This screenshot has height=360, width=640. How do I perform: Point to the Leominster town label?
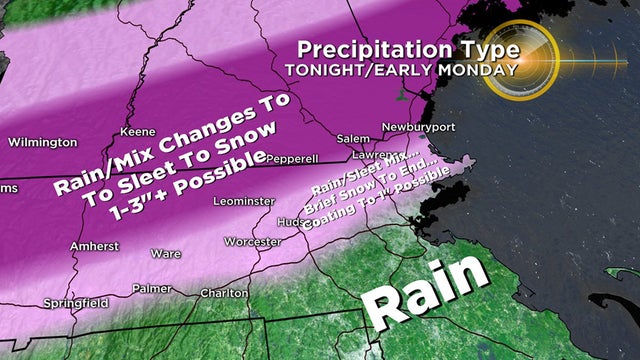(244, 201)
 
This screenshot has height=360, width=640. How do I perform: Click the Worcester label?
(252, 241)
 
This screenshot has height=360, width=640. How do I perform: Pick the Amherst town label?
(95, 245)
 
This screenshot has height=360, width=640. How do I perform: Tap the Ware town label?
(165, 254)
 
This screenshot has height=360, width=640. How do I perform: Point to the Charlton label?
(223, 293)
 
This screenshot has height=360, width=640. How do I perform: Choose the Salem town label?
(353, 138)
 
